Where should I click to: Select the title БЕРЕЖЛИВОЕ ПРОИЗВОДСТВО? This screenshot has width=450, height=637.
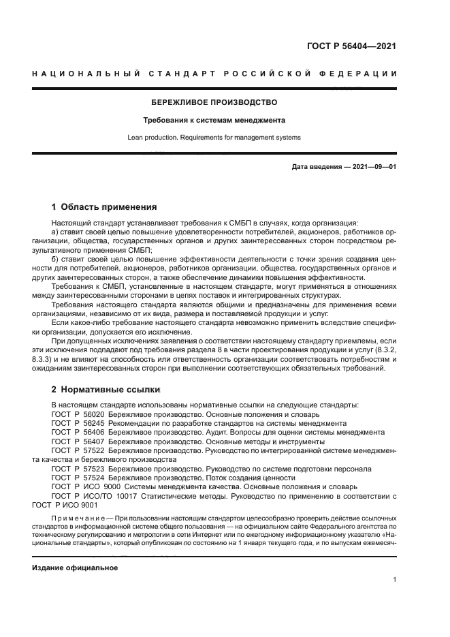(x=214, y=102)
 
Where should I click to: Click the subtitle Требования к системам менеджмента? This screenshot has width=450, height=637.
(x=214, y=120)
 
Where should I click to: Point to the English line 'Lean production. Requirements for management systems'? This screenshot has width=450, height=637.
(x=214, y=137)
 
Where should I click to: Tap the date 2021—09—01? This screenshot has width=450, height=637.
(x=374, y=167)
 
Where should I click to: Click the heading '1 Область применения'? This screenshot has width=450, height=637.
(x=104, y=207)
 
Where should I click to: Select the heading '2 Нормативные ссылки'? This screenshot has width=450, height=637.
(x=106, y=390)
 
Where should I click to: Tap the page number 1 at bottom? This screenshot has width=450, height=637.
(x=394, y=580)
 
